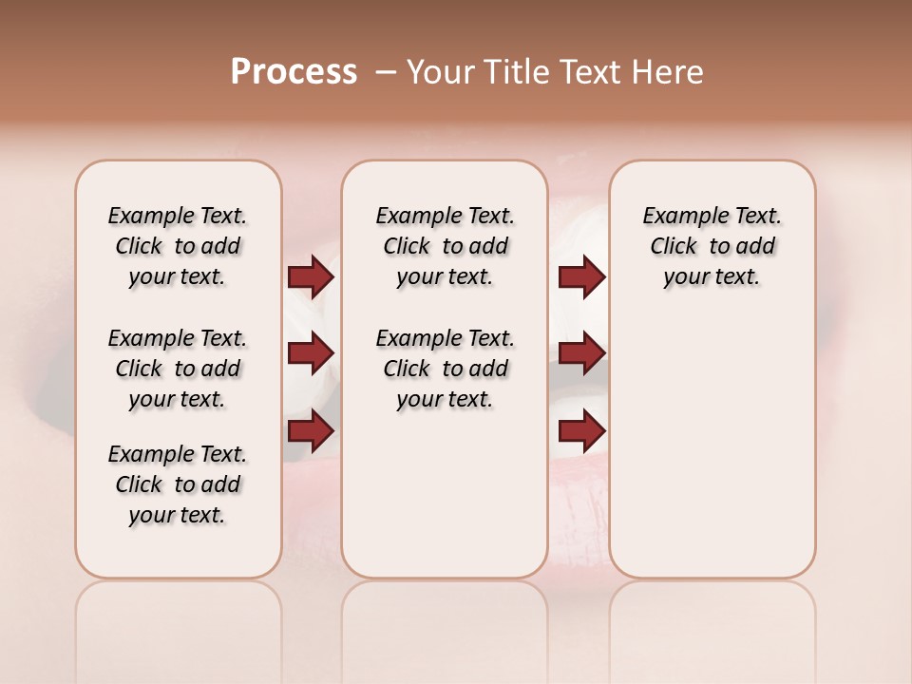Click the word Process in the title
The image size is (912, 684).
tap(294, 71)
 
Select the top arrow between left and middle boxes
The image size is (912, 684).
tap(311, 277)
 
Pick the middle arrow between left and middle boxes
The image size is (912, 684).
tap(311, 354)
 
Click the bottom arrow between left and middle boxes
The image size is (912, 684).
tap(311, 432)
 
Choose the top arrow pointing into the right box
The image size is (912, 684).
tap(581, 277)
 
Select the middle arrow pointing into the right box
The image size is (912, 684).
tap(581, 354)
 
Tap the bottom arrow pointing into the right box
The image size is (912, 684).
tap(581, 432)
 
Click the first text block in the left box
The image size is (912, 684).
tap(178, 246)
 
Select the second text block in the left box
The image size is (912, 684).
tap(178, 369)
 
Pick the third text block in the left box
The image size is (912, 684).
tap(178, 484)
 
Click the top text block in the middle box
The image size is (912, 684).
tap(446, 246)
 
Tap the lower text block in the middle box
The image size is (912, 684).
tap(446, 369)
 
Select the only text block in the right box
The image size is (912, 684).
tap(712, 246)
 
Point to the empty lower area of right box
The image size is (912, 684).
tap(712, 446)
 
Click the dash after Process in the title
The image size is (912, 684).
tap(386, 71)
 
